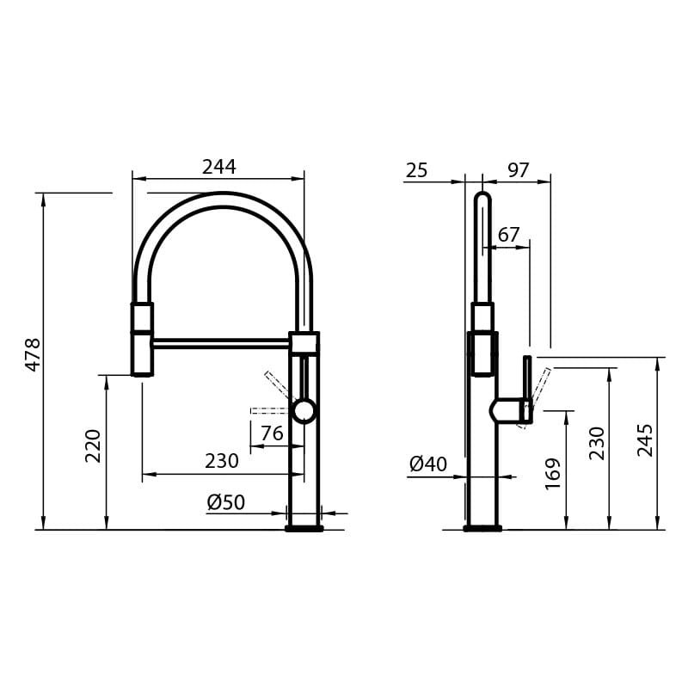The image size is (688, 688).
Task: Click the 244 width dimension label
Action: (x=218, y=167)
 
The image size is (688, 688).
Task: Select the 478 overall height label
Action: (x=33, y=354)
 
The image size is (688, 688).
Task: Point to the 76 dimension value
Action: (x=272, y=434)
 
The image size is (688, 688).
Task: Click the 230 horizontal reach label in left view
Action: (x=221, y=462)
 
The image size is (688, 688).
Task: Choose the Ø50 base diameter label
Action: (x=226, y=503)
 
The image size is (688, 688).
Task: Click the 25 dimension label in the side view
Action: (x=416, y=170)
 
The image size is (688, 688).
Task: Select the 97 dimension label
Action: (x=518, y=170)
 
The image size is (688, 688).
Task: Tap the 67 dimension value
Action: (x=509, y=235)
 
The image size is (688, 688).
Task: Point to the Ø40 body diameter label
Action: (x=428, y=465)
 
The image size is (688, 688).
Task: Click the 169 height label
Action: (x=553, y=473)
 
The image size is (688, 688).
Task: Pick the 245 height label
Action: (x=646, y=439)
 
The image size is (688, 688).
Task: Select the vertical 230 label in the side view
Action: (x=598, y=443)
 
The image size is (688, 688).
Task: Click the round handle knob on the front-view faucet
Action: (x=304, y=411)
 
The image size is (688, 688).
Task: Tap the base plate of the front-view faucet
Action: (x=304, y=529)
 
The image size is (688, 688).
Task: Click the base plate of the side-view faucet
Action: (x=482, y=528)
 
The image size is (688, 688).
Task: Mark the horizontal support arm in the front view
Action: (x=221, y=343)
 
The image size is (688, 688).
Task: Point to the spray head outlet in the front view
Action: (x=142, y=373)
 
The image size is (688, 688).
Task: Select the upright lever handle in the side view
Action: (x=527, y=387)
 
